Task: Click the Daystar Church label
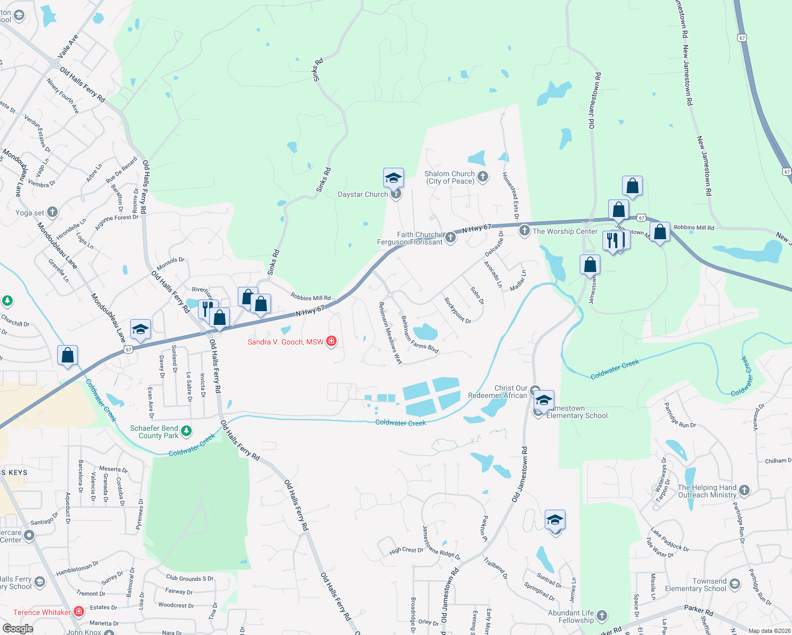[363, 195]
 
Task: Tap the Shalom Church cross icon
[483, 177]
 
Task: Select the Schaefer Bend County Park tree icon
[186, 431]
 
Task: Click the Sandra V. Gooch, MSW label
[285, 342]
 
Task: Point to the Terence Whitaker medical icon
[79, 612]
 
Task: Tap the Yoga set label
[30, 213]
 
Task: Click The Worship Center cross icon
[524, 230]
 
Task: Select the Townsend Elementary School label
[696, 585]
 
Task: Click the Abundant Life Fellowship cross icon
[601, 615]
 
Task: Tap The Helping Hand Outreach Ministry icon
[744, 491]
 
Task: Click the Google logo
[17, 629]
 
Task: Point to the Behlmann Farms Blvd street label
[419, 334]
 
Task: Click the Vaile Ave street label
[68, 46]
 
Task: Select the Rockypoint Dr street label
[457, 311]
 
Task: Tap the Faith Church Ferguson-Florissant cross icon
[451, 237]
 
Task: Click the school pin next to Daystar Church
[393, 178]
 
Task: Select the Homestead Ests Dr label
[510, 195]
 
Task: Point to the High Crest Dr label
[406, 550]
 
